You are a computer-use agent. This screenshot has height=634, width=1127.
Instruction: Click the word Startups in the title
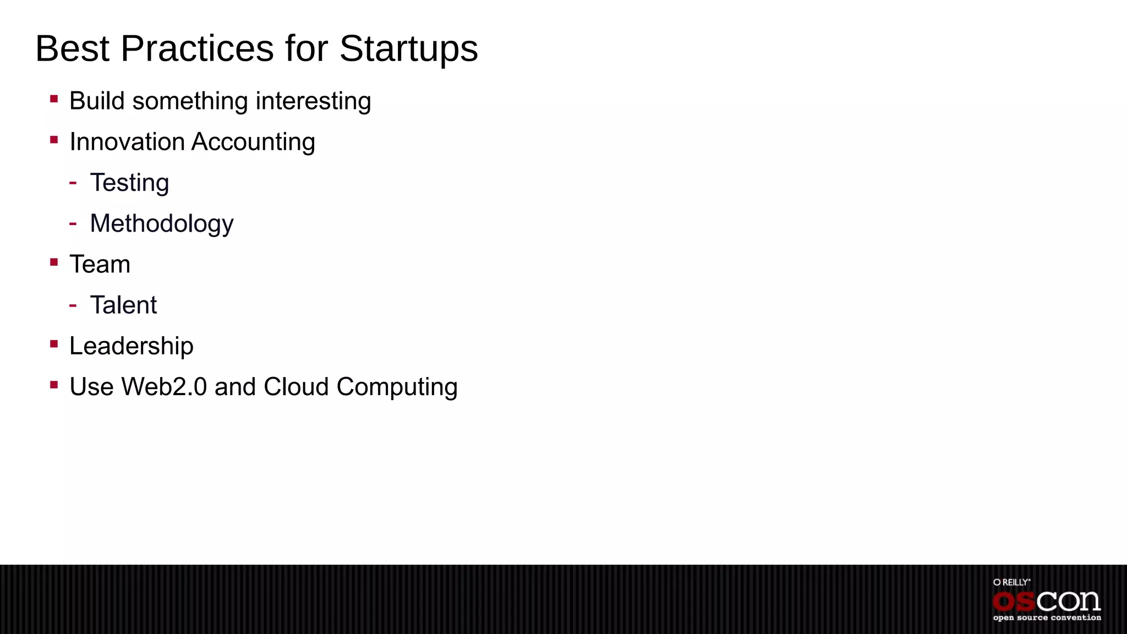click(408, 50)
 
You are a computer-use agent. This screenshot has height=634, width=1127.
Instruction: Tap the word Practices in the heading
click(197, 48)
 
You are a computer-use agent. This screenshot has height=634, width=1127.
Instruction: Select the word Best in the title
click(72, 48)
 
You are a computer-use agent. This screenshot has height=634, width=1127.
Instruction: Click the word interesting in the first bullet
click(313, 101)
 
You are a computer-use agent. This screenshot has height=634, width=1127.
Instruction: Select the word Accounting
click(253, 142)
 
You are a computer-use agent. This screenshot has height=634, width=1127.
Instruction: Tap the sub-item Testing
click(129, 183)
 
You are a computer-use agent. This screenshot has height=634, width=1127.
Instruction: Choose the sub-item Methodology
click(162, 224)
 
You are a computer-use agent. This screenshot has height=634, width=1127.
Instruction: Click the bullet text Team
click(100, 265)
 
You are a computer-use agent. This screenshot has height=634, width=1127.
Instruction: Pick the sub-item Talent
click(123, 305)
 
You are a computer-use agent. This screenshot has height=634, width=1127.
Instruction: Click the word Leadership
click(132, 346)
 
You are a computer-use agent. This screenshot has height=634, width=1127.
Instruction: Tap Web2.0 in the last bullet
click(164, 387)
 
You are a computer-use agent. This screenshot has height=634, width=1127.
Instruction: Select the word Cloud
click(296, 387)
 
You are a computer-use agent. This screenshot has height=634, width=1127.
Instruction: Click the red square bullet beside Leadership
click(54, 345)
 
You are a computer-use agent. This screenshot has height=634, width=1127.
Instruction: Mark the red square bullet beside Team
click(54, 263)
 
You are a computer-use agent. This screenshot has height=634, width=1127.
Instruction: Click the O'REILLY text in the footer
click(1011, 582)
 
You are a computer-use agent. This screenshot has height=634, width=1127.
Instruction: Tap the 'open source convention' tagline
click(1047, 617)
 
